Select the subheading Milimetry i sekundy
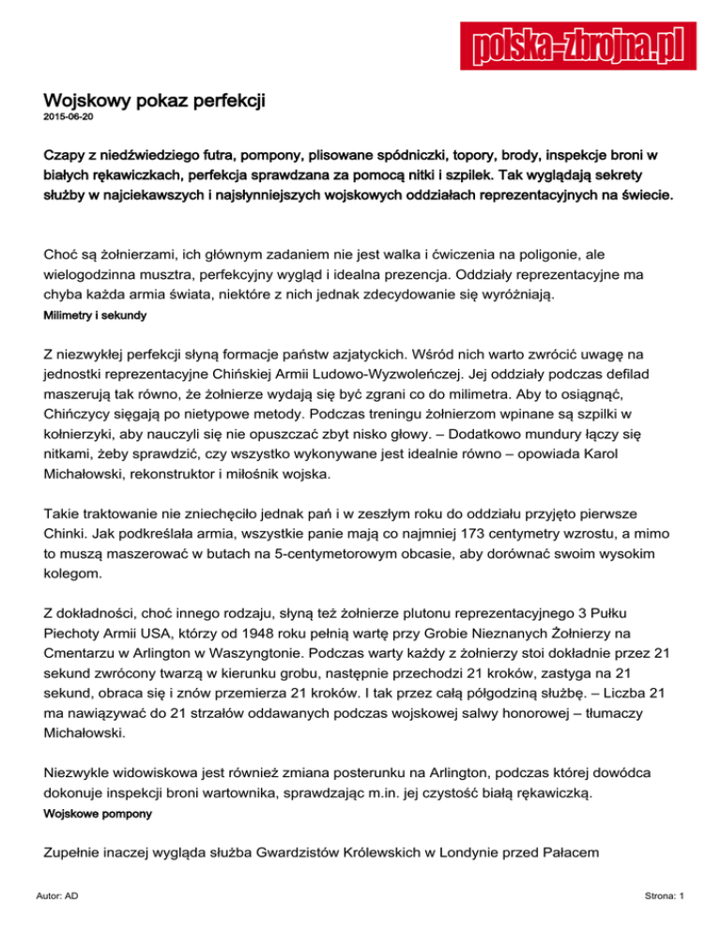(x=95, y=317)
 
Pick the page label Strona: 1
(x=662, y=897)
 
